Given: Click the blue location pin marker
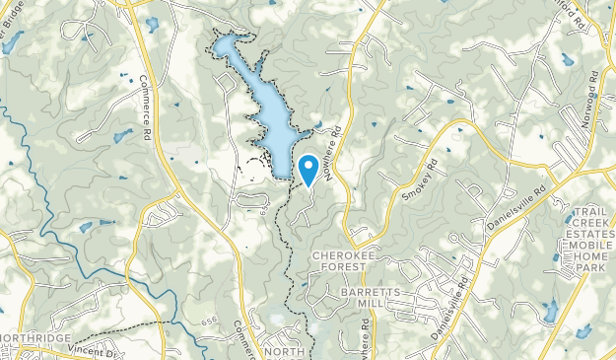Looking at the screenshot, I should tap(308, 169).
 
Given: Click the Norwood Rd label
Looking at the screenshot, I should tap(590, 92).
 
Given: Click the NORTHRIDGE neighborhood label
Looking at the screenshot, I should tap(35, 339).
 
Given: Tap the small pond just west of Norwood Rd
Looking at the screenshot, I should tap(568, 59).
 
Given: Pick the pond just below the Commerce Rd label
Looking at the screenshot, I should tap(122, 136).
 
